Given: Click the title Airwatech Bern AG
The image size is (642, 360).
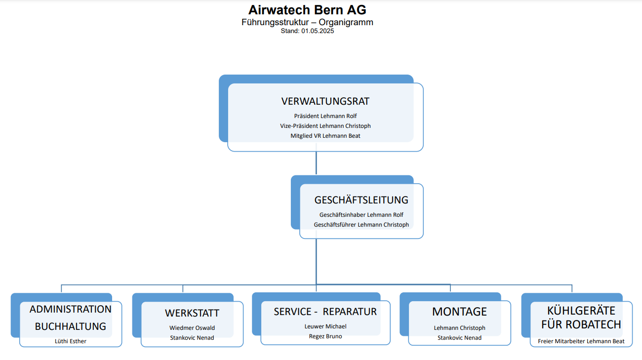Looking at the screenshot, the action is click(307, 10).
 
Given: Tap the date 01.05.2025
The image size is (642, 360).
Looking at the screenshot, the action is click(318, 31).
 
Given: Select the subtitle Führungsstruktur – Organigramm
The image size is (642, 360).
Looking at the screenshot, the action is click(307, 22).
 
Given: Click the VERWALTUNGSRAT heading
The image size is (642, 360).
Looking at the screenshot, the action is click(325, 101).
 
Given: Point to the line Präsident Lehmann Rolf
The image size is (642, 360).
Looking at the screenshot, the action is click(325, 116).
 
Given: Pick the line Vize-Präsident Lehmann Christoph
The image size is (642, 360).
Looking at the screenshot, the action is click(325, 126).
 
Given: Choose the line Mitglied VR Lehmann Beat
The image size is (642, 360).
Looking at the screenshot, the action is click(325, 136).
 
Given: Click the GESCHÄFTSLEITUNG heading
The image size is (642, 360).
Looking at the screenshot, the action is click(361, 200).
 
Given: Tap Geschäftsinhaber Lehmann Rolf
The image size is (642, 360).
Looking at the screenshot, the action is click(361, 215).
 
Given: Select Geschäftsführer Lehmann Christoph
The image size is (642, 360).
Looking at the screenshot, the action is click(361, 224).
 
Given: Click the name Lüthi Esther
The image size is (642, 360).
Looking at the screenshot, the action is click(71, 341).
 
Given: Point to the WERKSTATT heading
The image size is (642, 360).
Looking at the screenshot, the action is click(192, 313).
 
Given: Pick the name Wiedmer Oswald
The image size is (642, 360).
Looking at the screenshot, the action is click(192, 327).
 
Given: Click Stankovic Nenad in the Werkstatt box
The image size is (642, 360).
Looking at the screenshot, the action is click(192, 338).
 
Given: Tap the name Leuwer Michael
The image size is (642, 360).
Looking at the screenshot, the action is click(325, 326).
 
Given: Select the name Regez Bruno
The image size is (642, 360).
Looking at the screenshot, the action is click(325, 336).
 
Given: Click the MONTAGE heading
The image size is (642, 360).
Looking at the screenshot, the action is click(459, 312).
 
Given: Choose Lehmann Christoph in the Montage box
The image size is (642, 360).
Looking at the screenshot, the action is click(459, 327).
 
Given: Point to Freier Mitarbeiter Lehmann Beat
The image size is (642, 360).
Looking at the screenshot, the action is click(581, 341).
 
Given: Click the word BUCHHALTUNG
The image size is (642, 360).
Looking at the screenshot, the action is click(71, 326).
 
